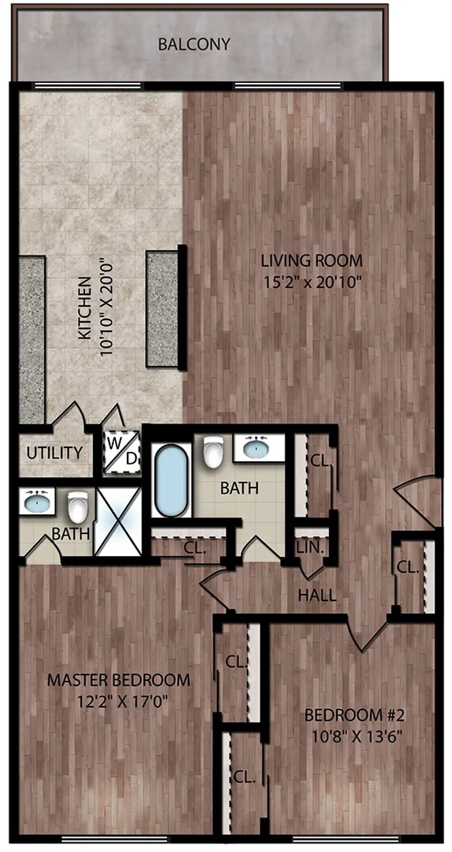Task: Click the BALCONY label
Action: point(194,44)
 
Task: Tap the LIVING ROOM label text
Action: point(311,261)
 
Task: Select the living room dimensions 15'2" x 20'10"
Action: point(312,282)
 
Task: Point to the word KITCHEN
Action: point(85,308)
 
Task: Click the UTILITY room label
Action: point(54,452)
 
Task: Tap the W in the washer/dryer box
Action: point(114,443)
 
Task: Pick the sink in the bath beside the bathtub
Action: point(256,448)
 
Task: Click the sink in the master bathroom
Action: point(36,501)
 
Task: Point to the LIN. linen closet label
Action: point(310,547)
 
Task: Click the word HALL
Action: point(317,595)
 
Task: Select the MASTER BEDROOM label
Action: point(118,680)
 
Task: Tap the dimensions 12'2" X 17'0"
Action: point(122,701)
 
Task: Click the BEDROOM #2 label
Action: point(354,715)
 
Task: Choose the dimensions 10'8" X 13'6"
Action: point(356,737)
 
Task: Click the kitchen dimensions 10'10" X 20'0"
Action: point(106,308)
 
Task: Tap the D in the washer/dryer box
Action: point(131,459)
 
